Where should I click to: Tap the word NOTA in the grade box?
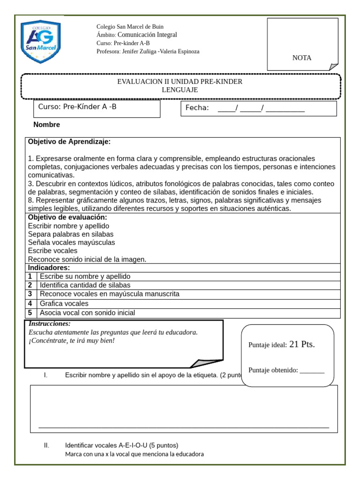302,58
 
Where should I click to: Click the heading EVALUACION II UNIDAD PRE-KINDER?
180,82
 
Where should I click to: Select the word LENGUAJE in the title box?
180,90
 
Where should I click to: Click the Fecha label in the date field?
197,108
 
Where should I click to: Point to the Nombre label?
47,125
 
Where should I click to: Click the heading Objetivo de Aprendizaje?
69,142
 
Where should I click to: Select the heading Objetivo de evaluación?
67,217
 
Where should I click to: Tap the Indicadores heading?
49,268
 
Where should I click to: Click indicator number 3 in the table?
30,294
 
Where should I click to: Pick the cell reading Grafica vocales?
64,303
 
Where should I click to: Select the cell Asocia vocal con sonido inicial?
87,313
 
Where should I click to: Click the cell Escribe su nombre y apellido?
85,277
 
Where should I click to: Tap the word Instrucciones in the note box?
50,324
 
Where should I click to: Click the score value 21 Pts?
302,344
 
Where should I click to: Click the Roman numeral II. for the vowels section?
46,445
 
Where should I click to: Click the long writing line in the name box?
184,427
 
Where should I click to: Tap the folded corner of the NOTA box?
333,67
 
